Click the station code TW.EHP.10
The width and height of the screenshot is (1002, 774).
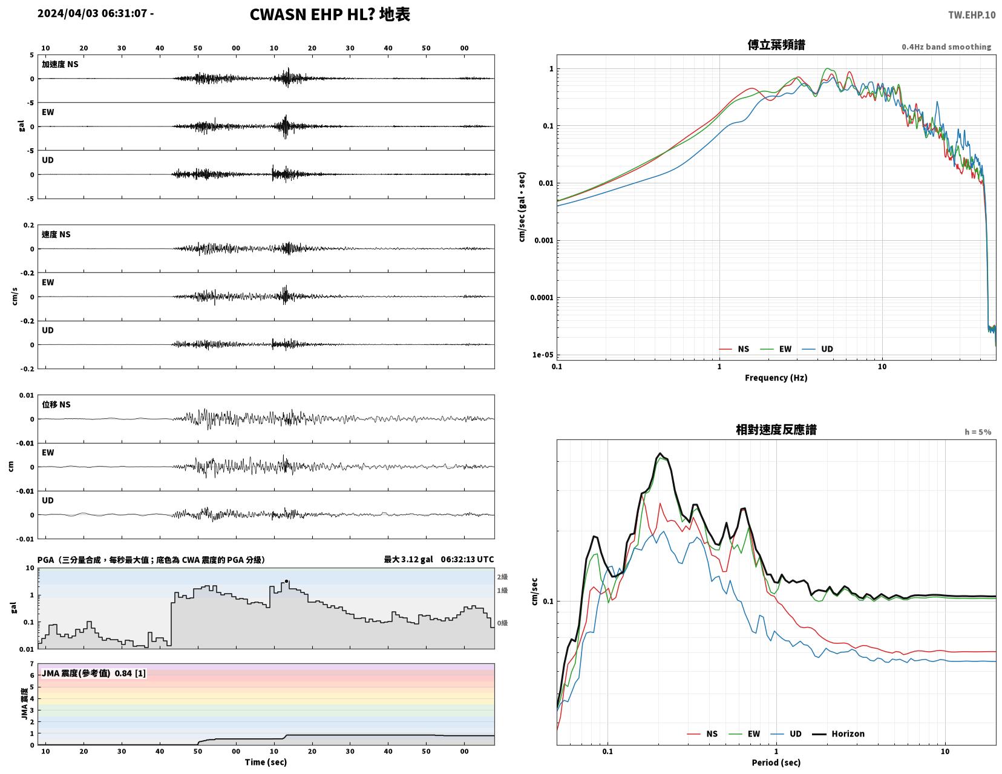(x=972, y=15)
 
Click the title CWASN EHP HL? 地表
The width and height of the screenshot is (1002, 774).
(x=330, y=15)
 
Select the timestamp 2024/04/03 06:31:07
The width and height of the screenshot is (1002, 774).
(x=92, y=13)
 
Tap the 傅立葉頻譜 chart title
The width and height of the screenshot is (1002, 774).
(x=776, y=45)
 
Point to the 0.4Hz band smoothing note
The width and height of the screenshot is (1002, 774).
(x=946, y=47)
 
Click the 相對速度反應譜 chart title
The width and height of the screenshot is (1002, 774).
(x=776, y=430)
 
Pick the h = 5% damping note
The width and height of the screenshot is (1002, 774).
(x=978, y=432)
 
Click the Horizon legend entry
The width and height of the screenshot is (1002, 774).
(x=838, y=733)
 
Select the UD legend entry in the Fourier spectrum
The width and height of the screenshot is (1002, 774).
(x=817, y=349)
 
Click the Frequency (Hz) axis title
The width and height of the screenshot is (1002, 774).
(x=776, y=378)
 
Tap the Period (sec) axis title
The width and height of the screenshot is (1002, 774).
(x=776, y=763)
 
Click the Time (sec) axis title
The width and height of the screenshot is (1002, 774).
(x=266, y=762)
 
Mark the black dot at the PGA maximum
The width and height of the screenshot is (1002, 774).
(x=286, y=582)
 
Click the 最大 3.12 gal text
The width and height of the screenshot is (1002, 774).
(x=408, y=559)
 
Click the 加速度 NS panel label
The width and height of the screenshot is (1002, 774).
(x=60, y=64)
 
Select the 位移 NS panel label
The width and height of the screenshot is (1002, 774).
(x=56, y=404)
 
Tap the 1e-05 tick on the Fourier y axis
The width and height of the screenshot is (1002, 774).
(x=543, y=355)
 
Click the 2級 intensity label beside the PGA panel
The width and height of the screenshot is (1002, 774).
(x=502, y=577)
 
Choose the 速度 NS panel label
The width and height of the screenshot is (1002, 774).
(x=56, y=234)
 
